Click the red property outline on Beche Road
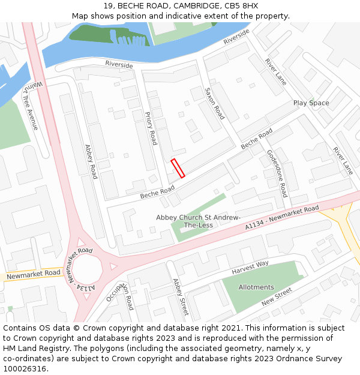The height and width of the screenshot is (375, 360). tap(178, 168)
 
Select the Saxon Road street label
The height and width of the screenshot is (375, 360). tap(214, 103)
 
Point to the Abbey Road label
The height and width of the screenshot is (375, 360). tap(91, 161)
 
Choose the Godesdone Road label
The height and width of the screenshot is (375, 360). tap(277, 173)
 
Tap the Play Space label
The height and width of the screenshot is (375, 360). tap(311, 103)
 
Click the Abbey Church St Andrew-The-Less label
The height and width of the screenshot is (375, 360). tap(198, 221)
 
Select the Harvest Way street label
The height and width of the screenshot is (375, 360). tap(250, 268)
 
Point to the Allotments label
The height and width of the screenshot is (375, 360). tap(256, 287)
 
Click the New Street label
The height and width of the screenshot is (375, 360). tap(276, 297)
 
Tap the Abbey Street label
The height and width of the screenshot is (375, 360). tap(180, 297)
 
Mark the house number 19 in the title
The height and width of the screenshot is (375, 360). tap(107, 6)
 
